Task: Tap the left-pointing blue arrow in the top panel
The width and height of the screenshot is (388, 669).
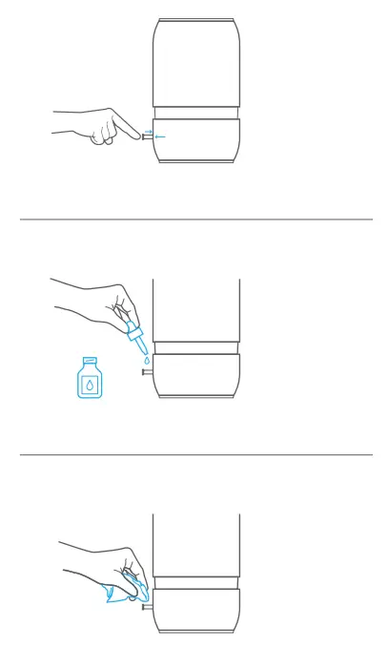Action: point(160,137)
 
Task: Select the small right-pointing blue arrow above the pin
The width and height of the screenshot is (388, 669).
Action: point(148,132)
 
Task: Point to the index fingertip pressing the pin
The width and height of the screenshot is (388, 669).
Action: point(136,136)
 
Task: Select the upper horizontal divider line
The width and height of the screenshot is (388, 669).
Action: point(196,220)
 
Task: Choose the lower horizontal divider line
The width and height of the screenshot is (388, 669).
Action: point(196,455)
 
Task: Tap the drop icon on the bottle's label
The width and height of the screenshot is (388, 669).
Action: point(90,386)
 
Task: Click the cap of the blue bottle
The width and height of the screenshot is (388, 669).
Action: point(90,360)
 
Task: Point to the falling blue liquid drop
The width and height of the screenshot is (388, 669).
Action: point(146,361)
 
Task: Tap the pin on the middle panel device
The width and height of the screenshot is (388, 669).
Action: point(147,373)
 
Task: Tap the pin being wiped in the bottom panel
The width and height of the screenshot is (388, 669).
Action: point(147,606)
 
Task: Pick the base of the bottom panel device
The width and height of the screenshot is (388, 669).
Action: point(196,610)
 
